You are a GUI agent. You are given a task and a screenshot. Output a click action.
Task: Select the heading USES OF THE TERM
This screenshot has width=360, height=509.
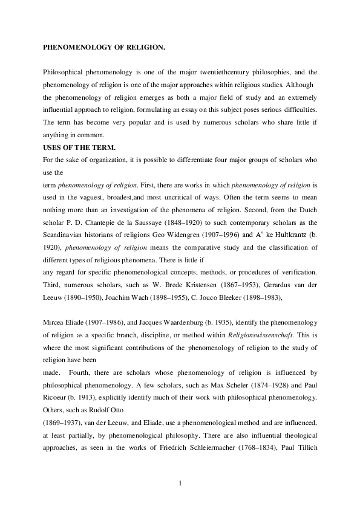(x=77, y=146)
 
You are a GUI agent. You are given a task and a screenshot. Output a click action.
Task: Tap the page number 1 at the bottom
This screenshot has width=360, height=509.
(x=180, y=482)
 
